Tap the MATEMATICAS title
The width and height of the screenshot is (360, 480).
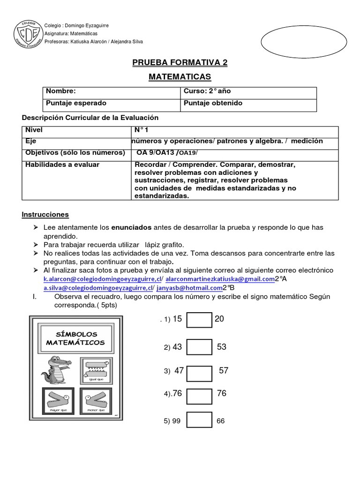coord(180,76)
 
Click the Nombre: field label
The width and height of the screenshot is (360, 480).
coord(60,91)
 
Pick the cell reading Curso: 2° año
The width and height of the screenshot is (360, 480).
coord(207,91)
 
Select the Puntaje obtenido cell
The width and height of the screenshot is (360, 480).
coord(213,103)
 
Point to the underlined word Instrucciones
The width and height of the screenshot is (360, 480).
coord(45,215)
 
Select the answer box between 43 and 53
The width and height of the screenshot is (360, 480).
coord(199,347)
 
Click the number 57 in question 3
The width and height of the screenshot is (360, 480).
coord(224,371)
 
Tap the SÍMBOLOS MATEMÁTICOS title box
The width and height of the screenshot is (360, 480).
coord(75,338)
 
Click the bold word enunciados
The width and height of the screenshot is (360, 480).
coord(131,227)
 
